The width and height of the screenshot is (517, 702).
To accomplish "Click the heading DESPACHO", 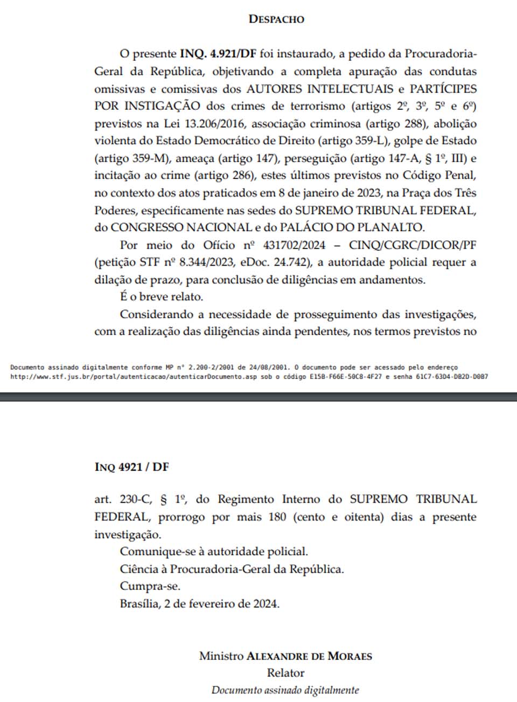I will tap(276, 19).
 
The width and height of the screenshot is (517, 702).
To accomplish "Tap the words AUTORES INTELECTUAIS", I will tap(320, 89).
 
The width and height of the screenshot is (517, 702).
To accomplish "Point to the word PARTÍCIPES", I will tap(443, 89).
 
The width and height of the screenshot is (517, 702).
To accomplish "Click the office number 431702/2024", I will tap(294, 245).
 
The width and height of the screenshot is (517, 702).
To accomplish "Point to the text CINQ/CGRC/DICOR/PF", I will tap(413, 245).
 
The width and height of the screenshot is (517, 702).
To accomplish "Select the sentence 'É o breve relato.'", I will tap(162, 297).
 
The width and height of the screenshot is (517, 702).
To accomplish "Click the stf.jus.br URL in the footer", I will tap(135, 377).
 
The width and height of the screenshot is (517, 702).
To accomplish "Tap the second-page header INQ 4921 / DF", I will tap(131, 467).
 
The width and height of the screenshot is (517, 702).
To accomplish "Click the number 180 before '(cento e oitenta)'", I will tap(277, 517).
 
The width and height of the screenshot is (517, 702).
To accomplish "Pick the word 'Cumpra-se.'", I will tap(150, 586).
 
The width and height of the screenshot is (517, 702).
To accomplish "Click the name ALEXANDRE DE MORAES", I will tap(309, 656).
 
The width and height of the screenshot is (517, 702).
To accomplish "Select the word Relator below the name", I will tap(285, 673).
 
